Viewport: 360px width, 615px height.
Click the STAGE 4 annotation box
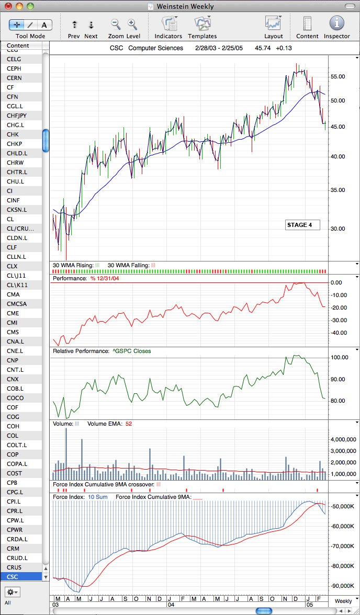302,225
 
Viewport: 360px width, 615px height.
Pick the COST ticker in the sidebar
15,473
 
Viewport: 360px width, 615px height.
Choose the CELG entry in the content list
14,59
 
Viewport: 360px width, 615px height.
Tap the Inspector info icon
337,23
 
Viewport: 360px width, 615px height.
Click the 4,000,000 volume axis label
344,440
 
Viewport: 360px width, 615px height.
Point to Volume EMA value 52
128,424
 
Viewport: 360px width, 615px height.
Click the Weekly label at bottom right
343,601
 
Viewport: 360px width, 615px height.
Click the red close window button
8,6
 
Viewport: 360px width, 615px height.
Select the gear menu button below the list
13,591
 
